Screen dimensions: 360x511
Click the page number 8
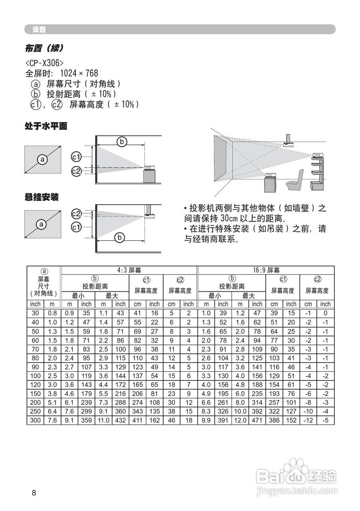coord(34,493)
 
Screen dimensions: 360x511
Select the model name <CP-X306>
coord(44,63)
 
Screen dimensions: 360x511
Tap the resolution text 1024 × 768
coord(79,73)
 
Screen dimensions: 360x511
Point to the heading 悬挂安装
coord(42,197)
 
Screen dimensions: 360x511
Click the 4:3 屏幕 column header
coord(129,270)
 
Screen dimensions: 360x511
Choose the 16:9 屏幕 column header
coord(266,270)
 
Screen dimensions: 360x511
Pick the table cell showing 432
coord(120,420)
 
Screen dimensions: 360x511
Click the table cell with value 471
coord(257,420)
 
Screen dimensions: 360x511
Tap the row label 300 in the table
coord(35,420)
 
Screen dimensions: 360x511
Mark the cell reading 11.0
coord(103,420)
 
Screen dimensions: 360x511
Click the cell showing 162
coord(154,420)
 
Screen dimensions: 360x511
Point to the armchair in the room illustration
coord(295,180)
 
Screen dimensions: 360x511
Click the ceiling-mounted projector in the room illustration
coord(288,141)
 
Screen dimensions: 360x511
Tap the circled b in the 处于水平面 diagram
coord(121,141)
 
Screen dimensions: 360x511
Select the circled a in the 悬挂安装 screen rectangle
coord(42,224)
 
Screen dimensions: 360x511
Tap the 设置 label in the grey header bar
coord(39,30)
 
